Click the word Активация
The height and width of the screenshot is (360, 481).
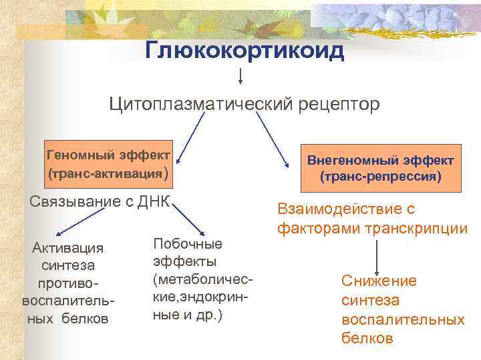tap(67, 248)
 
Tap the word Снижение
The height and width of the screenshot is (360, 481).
tap(379, 281)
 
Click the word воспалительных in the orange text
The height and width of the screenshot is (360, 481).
tap(403, 319)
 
